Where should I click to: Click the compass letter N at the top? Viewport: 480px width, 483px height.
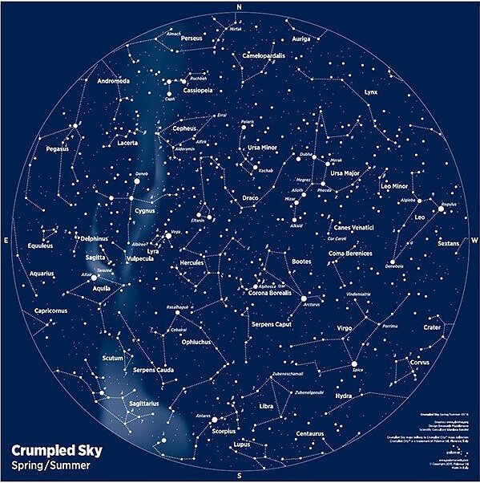(238, 6)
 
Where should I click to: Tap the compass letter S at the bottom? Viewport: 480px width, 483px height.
(238, 476)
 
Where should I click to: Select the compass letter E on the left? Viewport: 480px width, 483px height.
(6, 241)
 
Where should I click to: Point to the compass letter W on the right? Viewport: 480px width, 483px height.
(474, 241)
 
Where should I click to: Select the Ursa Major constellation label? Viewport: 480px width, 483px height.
(347, 173)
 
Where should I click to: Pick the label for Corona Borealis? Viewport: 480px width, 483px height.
(273, 294)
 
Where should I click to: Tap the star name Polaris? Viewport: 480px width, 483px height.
(248, 123)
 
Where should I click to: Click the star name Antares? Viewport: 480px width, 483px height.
(203, 416)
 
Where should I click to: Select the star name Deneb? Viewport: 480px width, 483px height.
(142, 173)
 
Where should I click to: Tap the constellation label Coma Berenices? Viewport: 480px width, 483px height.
(350, 254)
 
